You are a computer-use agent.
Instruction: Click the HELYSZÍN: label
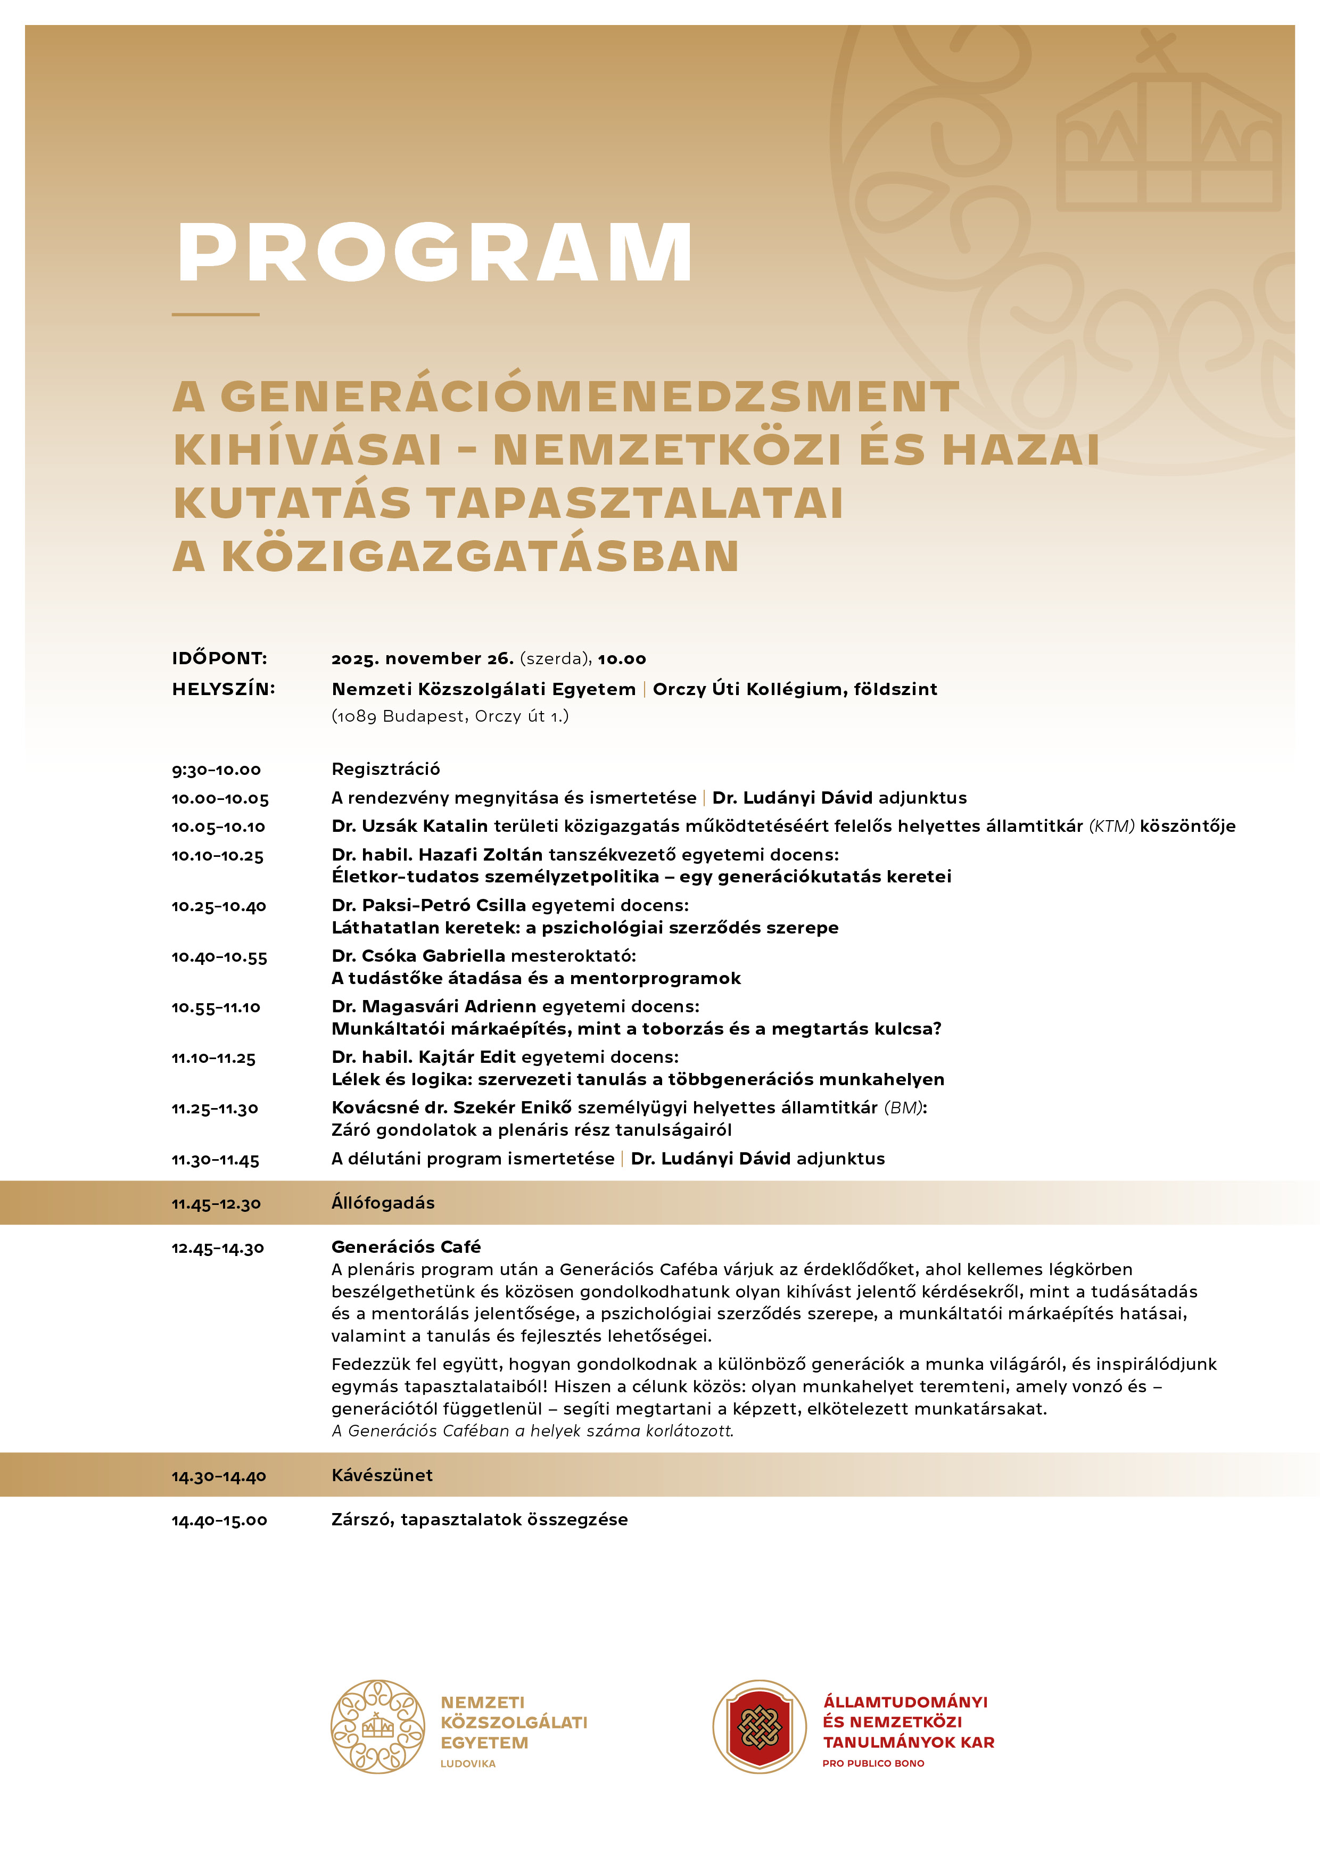[x=224, y=689]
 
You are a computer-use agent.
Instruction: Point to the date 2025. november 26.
[x=422, y=659]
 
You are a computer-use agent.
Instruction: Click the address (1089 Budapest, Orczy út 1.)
[x=450, y=716]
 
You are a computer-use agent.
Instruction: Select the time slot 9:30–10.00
[x=216, y=769]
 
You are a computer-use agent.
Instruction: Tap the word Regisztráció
[x=385, y=769]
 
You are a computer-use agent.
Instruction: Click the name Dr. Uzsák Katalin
[x=409, y=826]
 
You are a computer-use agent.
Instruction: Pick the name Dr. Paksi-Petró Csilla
[x=428, y=905]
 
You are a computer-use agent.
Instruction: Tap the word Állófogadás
[x=382, y=1203]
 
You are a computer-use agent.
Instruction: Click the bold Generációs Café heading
[x=406, y=1246]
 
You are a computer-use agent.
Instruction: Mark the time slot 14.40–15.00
[x=219, y=1520]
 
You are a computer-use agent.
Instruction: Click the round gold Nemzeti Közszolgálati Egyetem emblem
[x=377, y=1727]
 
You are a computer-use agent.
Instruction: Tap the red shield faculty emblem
[x=760, y=1727]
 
